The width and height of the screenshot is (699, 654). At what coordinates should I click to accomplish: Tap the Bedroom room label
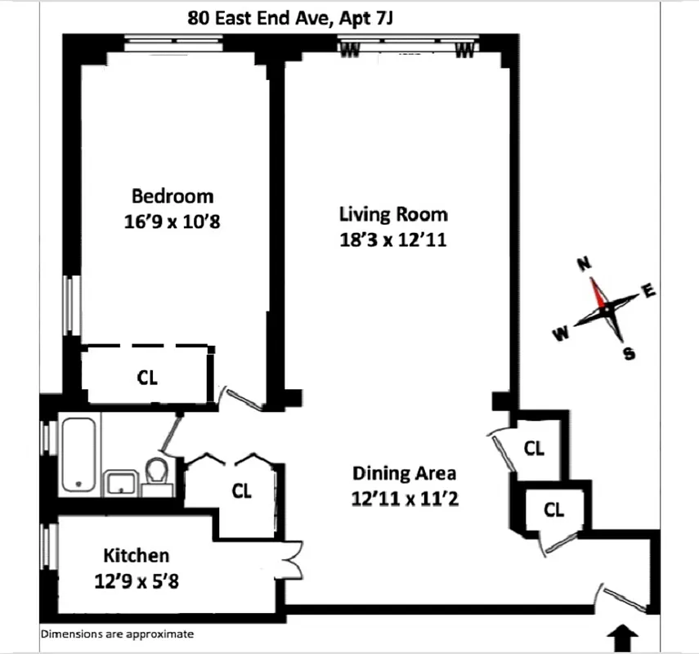pyautogui.click(x=173, y=196)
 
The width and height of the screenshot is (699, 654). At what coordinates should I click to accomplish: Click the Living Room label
pyautogui.click(x=393, y=214)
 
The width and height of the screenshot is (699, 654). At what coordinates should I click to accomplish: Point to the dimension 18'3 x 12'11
pyautogui.click(x=393, y=241)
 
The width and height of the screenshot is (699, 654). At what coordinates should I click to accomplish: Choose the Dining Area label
pyautogui.click(x=404, y=473)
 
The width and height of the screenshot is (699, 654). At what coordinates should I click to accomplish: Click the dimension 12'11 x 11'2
pyautogui.click(x=404, y=498)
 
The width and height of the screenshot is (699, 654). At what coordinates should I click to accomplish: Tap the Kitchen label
pyautogui.click(x=137, y=556)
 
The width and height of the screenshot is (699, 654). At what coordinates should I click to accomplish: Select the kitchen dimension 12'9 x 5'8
pyautogui.click(x=137, y=582)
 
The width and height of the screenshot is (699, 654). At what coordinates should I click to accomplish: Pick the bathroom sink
pyautogui.click(x=121, y=482)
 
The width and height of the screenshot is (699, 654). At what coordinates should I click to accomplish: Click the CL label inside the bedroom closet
pyautogui.click(x=147, y=378)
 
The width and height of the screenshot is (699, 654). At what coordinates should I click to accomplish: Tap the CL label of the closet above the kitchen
pyautogui.click(x=241, y=491)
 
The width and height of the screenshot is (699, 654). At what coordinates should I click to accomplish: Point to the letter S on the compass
pyautogui.click(x=629, y=353)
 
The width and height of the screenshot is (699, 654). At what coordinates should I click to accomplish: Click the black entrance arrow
pyautogui.click(x=625, y=634)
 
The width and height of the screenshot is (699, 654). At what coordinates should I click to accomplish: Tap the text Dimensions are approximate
pyautogui.click(x=117, y=634)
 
